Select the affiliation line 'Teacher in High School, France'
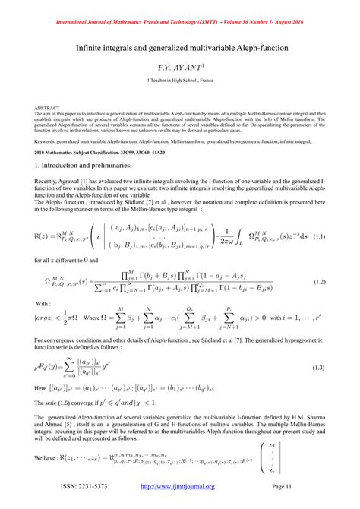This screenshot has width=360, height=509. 181,81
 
